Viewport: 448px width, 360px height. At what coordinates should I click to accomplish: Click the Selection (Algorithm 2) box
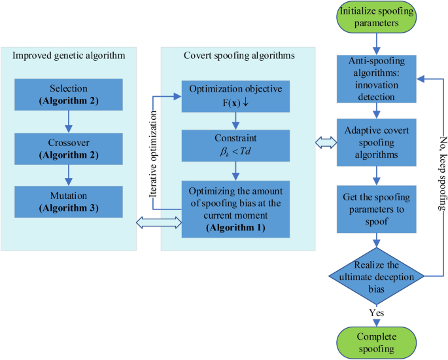[x=68, y=94]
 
